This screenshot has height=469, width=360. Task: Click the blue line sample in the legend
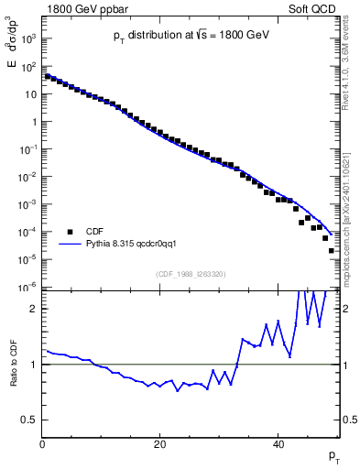69,245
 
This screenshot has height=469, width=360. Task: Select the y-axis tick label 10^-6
28,287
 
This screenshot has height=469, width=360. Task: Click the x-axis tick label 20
160,445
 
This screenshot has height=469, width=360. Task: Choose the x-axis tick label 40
278,445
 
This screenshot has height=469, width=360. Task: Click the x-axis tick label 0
42,445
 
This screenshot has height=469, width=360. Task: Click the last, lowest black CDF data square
332,250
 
